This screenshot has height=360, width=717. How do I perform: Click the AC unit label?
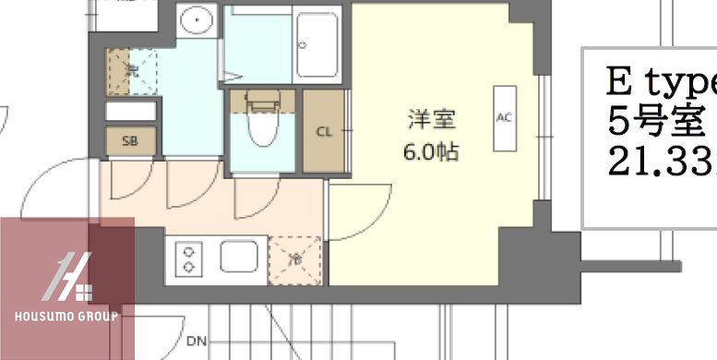(x=504, y=117)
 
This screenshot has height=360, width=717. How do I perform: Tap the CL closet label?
(x=324, y=131)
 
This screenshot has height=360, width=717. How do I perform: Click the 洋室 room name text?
(x=432, y=120)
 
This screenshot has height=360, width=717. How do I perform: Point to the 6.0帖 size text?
(x=431, y=151)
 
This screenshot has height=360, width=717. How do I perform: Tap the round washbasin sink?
(x=195, y=19)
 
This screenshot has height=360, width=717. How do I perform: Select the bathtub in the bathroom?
(x=318, y=42)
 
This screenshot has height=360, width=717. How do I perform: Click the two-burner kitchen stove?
(x=188, y=258)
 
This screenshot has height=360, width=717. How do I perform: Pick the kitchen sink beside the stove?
(x=233, y=257)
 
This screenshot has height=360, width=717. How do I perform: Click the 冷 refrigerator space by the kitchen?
(x=295, y=259)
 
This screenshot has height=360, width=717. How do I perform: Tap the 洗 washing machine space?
(x=132, y=69)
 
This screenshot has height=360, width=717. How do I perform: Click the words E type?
(x=661, y=82)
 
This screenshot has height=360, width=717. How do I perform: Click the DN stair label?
(x=195, y=342)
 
